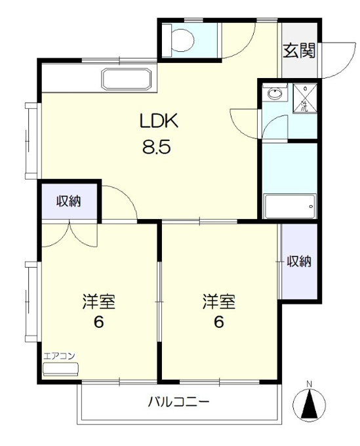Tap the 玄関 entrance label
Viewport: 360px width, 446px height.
(299, 51)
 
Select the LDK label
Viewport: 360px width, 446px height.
(159, 121)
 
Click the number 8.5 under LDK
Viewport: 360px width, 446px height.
(157, 147)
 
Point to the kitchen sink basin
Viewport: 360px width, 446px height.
(127, 79)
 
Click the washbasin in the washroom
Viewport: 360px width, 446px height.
(275, 92)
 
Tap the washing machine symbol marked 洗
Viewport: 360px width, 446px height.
(305, 98)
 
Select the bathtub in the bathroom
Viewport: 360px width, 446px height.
(289, 206)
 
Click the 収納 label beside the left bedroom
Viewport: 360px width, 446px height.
(69, 201)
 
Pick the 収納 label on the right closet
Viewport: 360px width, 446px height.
(299, 261)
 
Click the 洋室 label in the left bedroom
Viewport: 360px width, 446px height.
(98, 302)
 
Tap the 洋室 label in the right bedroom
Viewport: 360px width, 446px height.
(219, 302)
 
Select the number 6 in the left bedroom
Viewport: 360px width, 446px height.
(98, 322)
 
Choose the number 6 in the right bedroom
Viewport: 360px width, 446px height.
(218, 322)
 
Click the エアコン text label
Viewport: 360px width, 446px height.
(60, 356)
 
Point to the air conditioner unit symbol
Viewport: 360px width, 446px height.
(60, 369)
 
